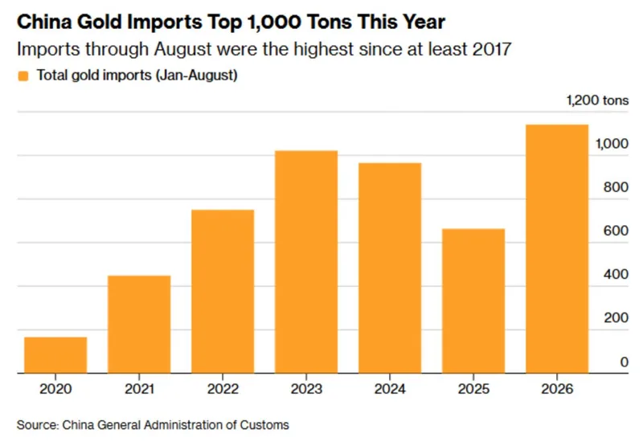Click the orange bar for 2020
[55, 355]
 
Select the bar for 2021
[139, 324]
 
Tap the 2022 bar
[223, 292]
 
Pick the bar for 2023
[306, 262]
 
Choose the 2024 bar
[390, 268]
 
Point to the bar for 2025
[473, 301]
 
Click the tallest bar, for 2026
[557, 249]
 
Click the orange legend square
[23, 76]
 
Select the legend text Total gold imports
[94, 76]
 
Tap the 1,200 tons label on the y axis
[597, 100]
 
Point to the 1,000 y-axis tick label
[612, 144]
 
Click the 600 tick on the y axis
[616, 231]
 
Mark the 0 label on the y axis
[625, 362]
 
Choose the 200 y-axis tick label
[616, 317]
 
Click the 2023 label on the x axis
[306, 389]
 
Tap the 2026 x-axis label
[557, 389]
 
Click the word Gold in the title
[99, 22]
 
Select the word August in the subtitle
[183, 50]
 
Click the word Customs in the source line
[264, 424]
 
